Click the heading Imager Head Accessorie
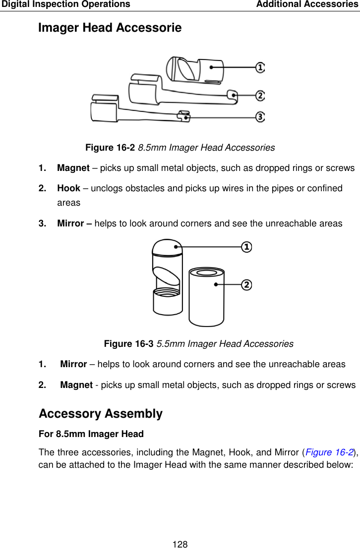point(110,28)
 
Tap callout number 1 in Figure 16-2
point(260,67)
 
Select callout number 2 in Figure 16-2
point(260,95)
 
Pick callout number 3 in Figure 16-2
point(260,117)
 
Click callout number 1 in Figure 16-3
point(246,246)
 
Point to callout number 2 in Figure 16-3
point(246,284)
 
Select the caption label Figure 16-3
point(129,344)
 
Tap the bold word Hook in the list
point(68,188)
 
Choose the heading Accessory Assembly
point(100,414)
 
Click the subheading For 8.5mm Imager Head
point(91,434)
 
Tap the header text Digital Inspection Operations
point(65,4)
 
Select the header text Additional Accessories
point(307,4)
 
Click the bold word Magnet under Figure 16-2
point(73,168)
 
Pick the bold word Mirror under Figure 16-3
point(73,364)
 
